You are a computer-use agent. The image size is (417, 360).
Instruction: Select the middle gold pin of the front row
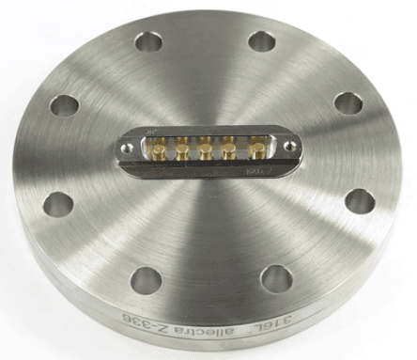[204, 150]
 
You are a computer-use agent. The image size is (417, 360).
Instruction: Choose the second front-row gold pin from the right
[226, 151]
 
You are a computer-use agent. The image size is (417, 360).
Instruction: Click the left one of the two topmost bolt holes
[147, 42]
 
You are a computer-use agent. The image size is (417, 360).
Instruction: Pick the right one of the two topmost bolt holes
[262, 42]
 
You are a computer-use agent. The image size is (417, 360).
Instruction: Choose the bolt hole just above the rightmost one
[348, 103]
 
